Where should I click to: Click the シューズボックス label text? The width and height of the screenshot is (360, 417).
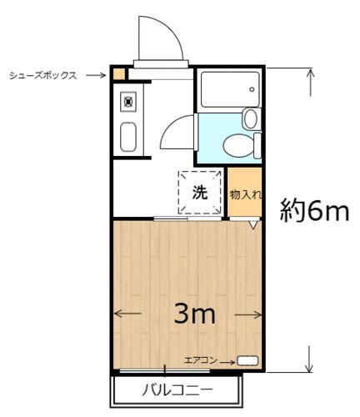tap(42, 75)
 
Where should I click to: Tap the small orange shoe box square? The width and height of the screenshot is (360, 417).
tap(120, 73)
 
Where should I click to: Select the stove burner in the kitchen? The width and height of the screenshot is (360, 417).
tap(128, 102)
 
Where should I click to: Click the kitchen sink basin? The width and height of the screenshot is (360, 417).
tap(128, 137)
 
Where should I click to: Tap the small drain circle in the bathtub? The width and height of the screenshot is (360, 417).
tap(251, 87)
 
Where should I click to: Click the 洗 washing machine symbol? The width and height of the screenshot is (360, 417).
tap(200, 192)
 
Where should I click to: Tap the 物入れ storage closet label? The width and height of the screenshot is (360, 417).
tap(245, 193)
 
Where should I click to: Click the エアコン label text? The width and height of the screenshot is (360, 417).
tap(200, 360)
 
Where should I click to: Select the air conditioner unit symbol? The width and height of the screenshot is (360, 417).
tap(247, 360)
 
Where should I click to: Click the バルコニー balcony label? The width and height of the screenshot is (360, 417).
tap(177, 389)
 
